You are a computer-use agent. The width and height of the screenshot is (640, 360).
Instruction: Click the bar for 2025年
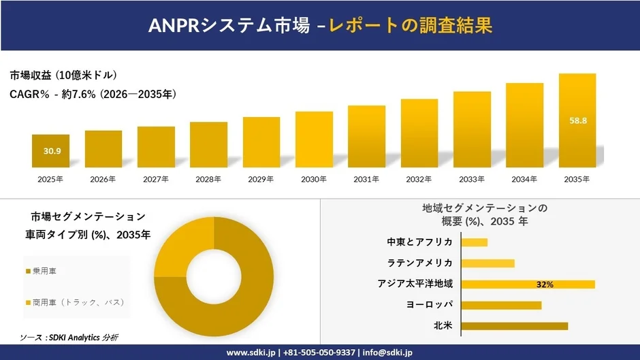pos(50,151)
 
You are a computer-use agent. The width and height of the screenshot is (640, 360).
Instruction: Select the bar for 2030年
pos(314,140)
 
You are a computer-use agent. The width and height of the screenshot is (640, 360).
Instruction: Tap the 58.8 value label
pos(577,120)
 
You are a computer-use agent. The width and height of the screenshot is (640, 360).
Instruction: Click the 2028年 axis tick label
pos(208,179)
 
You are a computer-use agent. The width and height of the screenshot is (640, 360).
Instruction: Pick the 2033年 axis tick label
pos(472,179)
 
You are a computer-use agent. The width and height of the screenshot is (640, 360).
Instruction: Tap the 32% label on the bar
pos(545,284)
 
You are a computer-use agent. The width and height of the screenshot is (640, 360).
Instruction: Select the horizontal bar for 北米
pos(515,326)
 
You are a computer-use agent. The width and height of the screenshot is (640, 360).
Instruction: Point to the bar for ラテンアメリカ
pos(488,263)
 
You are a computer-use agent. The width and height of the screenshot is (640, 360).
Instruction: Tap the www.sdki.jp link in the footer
pos(251,353)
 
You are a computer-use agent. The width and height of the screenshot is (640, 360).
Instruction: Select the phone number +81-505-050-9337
pos(319,353)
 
